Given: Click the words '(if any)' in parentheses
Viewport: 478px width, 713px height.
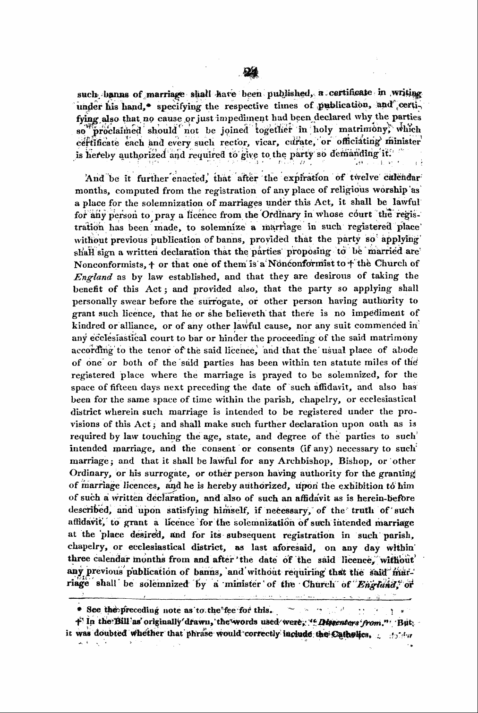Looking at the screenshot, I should click(290, 448).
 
